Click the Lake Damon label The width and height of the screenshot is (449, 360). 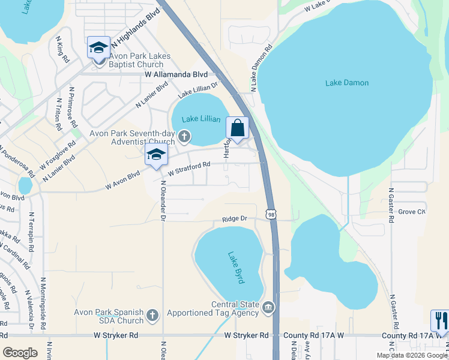click(347, 83)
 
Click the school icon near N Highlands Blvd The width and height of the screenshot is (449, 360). click(98, 47)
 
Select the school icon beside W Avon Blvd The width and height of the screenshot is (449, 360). click(156, 155)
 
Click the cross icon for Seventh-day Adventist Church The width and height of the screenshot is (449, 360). click(184, 137)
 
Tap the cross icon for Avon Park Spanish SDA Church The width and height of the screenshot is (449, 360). click(152, 315)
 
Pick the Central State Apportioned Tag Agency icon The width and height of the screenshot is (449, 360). click(268, 308)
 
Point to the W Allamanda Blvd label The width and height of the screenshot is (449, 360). click(176, 74)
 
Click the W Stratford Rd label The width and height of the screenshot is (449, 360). click(189, 168)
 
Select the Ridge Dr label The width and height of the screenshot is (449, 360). click(235, 219)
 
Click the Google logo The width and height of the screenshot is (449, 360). click(20, 353)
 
